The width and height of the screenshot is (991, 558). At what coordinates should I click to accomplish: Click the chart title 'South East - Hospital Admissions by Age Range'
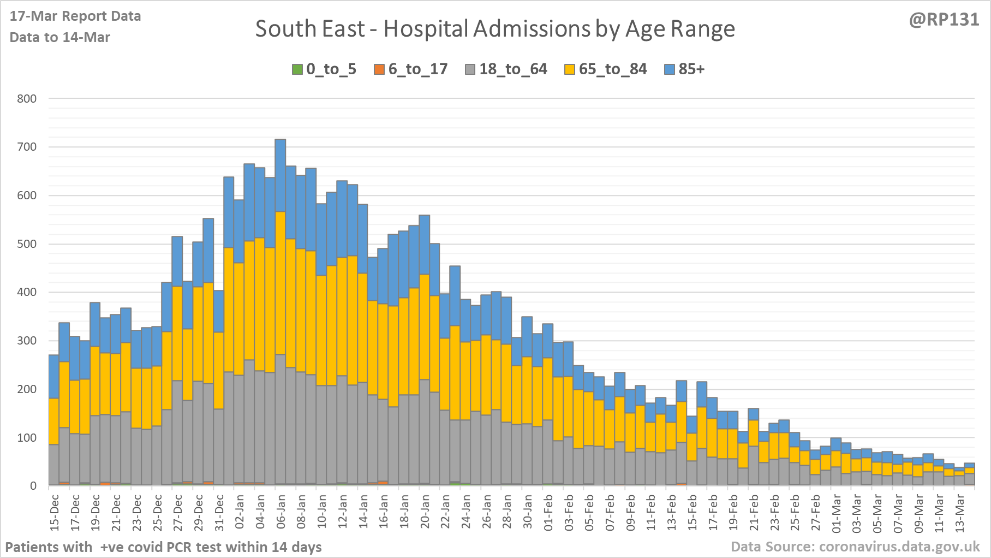[495, 29]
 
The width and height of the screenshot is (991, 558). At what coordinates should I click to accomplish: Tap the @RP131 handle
[944, 20]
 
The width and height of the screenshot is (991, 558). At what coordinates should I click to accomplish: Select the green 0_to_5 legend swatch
[297, 69]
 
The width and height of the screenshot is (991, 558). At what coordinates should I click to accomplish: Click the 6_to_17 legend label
[417, 69]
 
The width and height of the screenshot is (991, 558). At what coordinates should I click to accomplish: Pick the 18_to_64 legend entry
[506, 69]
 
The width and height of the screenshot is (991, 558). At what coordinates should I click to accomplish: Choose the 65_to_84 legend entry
[606, 69]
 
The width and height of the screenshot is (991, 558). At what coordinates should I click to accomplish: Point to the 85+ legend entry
[685, 69]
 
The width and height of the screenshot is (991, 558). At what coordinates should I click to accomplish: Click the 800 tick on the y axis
[27, 99]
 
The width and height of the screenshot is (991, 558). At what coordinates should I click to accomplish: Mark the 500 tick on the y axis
[27, 244]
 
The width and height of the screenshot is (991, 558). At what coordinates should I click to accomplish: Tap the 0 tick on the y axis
[34, 486]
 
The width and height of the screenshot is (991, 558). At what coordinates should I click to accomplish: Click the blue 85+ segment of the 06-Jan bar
[280, 175]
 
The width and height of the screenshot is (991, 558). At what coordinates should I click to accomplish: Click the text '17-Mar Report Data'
[75, 16]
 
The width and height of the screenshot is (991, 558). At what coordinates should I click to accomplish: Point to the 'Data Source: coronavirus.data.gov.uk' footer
[855, 547]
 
